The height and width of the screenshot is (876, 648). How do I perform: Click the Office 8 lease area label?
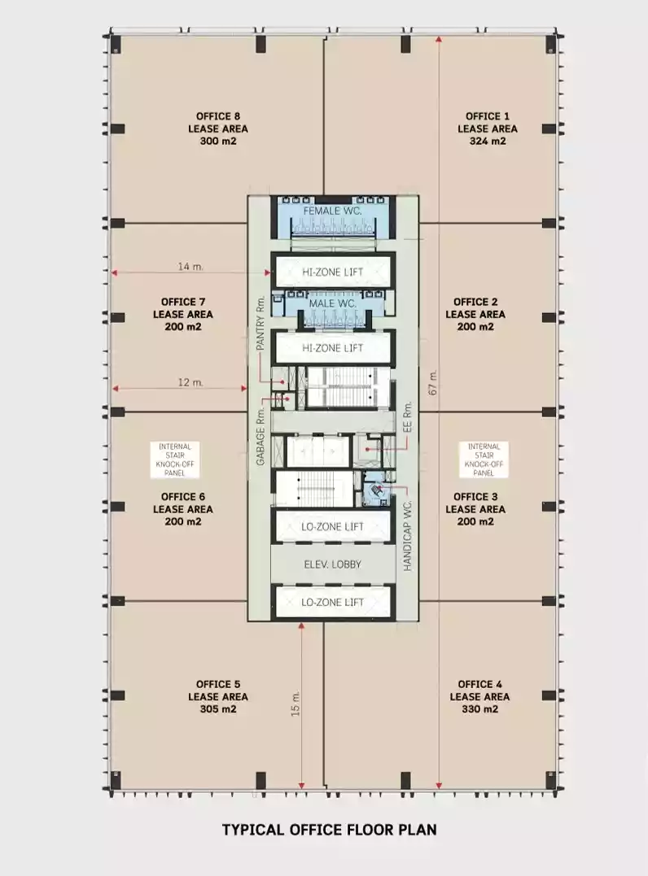218,129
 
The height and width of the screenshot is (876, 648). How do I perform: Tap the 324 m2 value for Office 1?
488,142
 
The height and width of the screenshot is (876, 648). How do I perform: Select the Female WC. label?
332,211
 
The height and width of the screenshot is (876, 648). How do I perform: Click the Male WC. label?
332,303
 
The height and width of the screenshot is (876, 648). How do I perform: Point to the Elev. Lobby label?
333,564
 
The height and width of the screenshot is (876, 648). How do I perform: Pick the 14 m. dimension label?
190,267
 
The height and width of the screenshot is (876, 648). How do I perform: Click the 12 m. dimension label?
190,383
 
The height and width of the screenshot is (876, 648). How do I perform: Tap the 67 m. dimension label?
433,383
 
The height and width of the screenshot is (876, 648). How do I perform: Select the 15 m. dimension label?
296,704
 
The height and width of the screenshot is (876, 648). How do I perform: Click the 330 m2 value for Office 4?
479,709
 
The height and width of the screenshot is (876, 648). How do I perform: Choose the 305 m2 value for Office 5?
218,709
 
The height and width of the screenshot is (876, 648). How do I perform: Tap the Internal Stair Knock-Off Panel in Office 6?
175,460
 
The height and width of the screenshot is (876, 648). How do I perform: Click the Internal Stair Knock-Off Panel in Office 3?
484,460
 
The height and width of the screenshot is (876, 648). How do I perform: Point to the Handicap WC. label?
407,536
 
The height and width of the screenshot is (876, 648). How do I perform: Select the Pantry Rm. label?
260,323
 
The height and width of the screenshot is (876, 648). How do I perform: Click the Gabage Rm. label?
260,438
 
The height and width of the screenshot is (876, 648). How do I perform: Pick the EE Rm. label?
407,416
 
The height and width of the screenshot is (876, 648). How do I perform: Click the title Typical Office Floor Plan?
330,830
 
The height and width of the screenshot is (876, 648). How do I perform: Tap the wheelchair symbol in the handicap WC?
376,490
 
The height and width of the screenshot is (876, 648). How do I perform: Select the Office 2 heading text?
475,302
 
